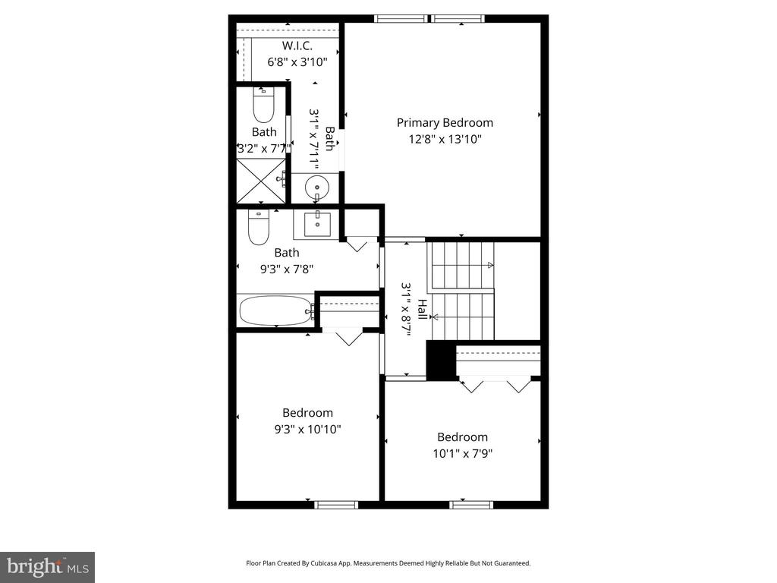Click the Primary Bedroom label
click(x=445, y=122)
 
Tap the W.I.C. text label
click(x=297, y=46)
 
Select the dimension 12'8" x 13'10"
click(x=445, y=139)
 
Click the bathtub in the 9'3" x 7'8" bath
click(x=276, y=310)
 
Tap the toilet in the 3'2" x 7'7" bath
click(x=263, y=105)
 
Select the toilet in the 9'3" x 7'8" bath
click(x=258, y=228)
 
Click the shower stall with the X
click(x=261, y=181)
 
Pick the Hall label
click(x=422, y=310)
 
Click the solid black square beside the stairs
click(x=442, y=361)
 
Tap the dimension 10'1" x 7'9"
click(x=462, y=453)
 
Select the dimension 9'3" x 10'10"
click(x=308, y=429)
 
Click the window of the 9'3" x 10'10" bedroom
click(x=336, y=505)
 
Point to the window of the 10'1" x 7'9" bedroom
click(x=471, y=505)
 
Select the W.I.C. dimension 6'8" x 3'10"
click(x=297, y=62)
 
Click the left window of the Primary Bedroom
click(x=401, y=19)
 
